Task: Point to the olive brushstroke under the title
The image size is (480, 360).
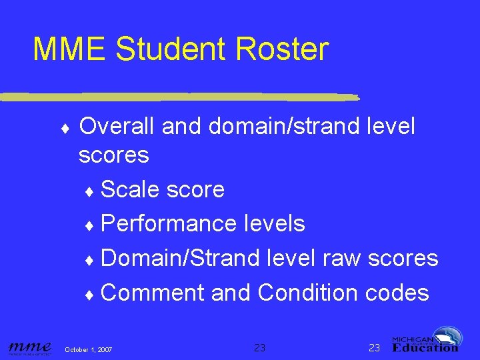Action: pyautogui.click(x=180, y=96)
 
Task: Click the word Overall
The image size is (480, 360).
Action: pyautogui.click(x=116, y=126)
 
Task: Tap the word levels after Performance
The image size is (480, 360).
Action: pyautogui.click(x=273, y=224)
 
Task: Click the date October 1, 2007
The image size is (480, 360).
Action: pyautogui.click(x=88, y=350)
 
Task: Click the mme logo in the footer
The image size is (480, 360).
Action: pyautogui.click(x=30, y=347)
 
